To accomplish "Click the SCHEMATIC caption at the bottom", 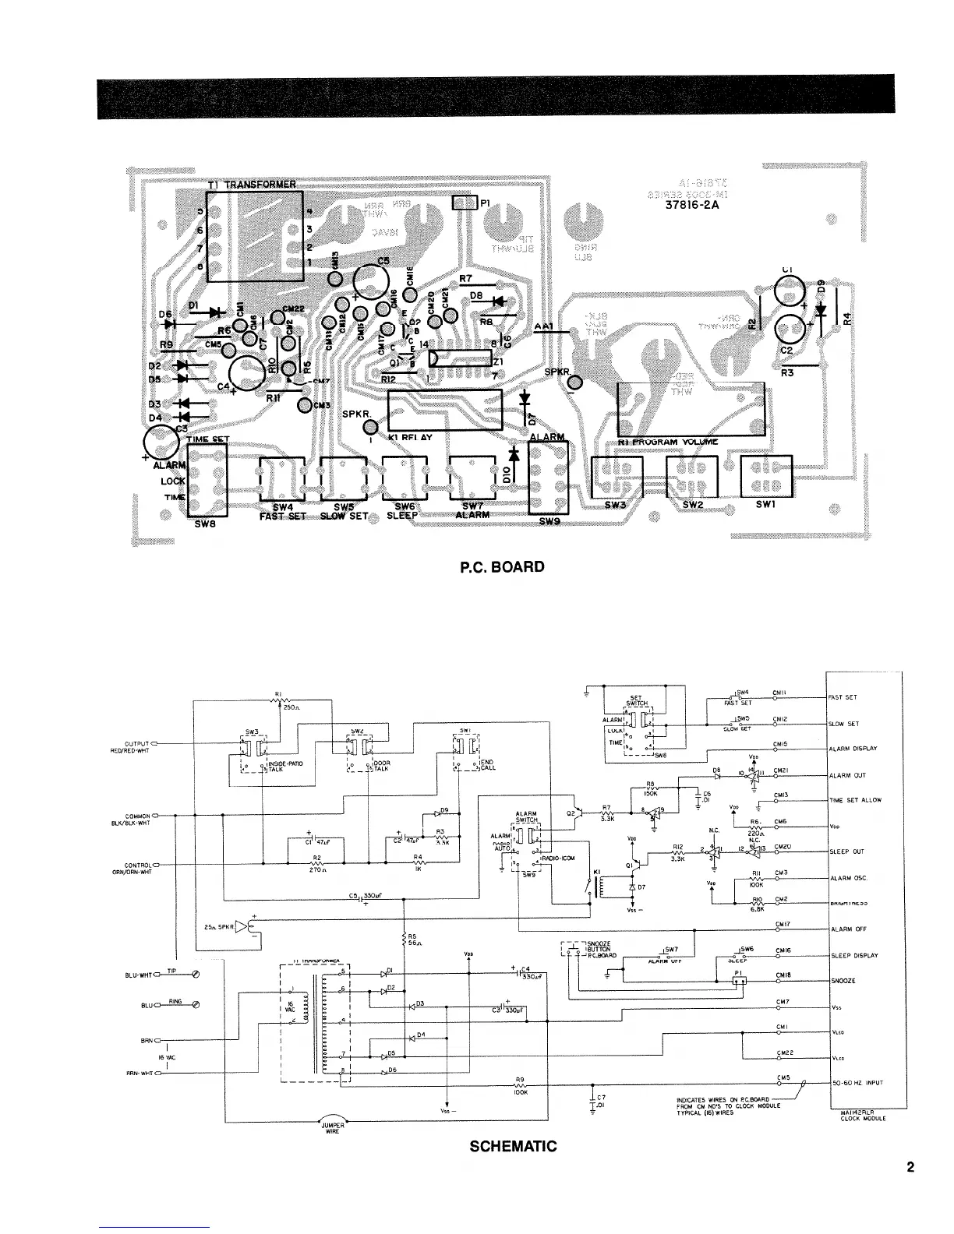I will tap(513, 1146).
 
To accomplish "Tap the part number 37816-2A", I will tap(687, 206).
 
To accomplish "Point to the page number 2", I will tap(910, 1168).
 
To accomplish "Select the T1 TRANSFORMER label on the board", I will tap(251, 185).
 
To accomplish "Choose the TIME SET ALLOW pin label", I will tap(853, 800).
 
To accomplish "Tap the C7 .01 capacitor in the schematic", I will tap(594, 1102).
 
